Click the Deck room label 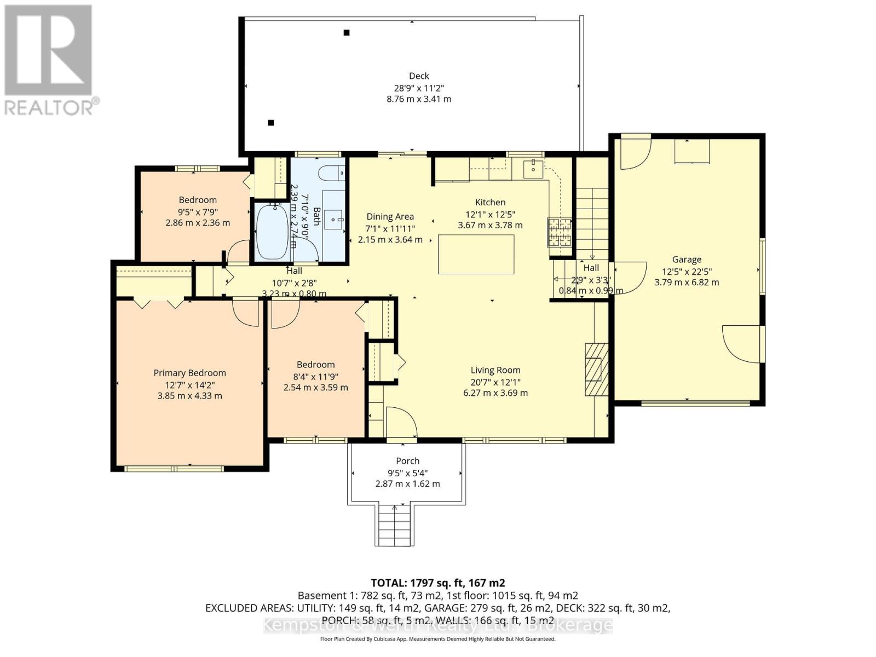coord(419,76)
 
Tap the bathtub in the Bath coord(272,232)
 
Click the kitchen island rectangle coord(476,254)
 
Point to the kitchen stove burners coord(558,232)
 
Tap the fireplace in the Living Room coord(596,369)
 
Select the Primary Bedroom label coord(189,373)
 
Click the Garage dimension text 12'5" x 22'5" coord(687,271)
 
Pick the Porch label coord(407,461)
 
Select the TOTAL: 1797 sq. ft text coord(437,583)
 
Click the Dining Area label coord(390,217)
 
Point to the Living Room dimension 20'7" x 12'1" coord(495,382)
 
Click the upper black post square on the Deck coord(347,33)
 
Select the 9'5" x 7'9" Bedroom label coord(198,211)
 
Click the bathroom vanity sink coord(333,219)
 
